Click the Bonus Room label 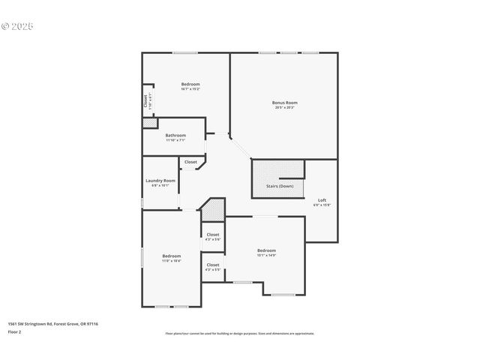point(284,102)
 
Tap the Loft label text point(322,199)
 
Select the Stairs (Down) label point(280,186)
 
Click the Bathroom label point(175,135)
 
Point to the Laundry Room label point(160,180)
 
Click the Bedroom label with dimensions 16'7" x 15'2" point(190,83)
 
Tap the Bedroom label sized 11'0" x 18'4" point(172,256)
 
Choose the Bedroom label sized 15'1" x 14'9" point(266,250)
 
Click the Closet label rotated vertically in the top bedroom point(145,101)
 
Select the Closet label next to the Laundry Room point(190,162)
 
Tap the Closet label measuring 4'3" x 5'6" point(213,235)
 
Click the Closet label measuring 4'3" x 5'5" point(213,265)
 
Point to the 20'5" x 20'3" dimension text point(284,107)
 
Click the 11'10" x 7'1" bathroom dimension point(175,140)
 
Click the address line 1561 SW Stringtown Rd point(52,324)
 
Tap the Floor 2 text point(14,331)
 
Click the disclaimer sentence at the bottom point(239,334)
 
